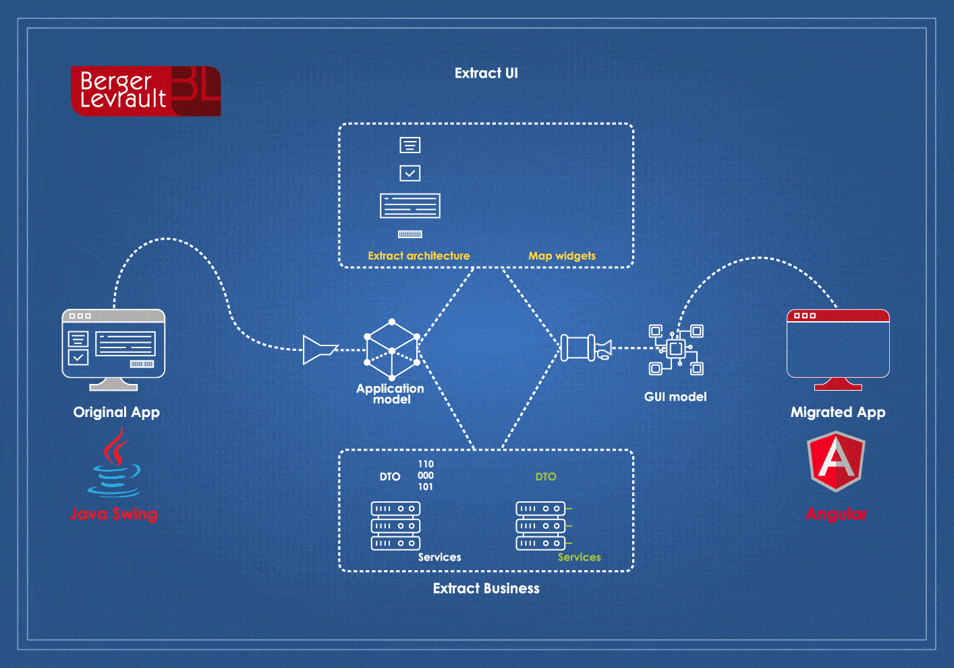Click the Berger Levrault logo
pyautogui.click(x=146, y=90)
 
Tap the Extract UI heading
pyautogui.click(x=486, y=74)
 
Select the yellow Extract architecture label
pyautogui.click(x=419, y=256)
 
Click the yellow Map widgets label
pyautogui.click(x=562, y=256)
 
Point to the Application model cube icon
pyautogui.click(x=392, y=350)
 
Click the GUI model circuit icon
pyautogui.click(x=676, y=350)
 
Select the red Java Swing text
pyautogui.click(x=114, y=513)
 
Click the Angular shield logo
pyautogui.click(x=836, y=462)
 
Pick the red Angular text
pyautogui.click(x=836, y=514)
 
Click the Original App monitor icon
pyautogui.click(x=113, y=350)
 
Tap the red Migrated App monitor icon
pyautogui.click(x=838, y=350)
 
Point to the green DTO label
pyautogui.click(x=546, y=477)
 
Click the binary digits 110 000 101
pyautogui.click(x=426, y=476)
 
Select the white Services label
pyautogui.click(x=439, y=557)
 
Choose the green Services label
pyautogui.click(x=579, y=557)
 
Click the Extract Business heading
pyautogui.click(x=486, y=588)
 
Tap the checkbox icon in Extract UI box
pyautogui.click(x=410, y=173)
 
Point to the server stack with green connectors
pyautogui.click(x=543, y=526)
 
